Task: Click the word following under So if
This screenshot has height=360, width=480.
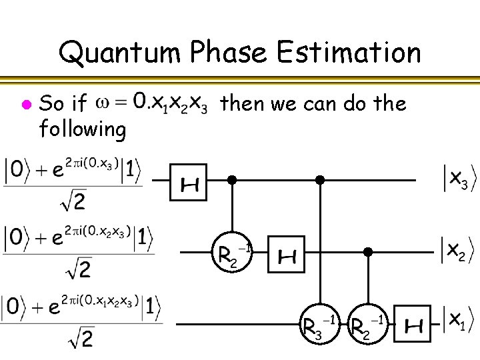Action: point(83,129)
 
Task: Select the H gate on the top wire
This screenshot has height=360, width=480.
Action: point(189,181)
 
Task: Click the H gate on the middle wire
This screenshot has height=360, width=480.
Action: point(286,254)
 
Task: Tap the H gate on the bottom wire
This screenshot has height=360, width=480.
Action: point(413,326)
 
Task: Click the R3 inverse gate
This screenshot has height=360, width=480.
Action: point(320,325)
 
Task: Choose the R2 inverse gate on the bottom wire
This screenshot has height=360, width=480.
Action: point(367,325)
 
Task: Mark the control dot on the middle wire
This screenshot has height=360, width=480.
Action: point(367,252)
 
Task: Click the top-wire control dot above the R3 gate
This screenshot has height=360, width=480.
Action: point(320,179)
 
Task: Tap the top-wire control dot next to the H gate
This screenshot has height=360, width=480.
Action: point(232,179)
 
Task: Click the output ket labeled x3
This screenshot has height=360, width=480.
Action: point(455,178)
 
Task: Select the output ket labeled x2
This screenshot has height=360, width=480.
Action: point(455,251)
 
